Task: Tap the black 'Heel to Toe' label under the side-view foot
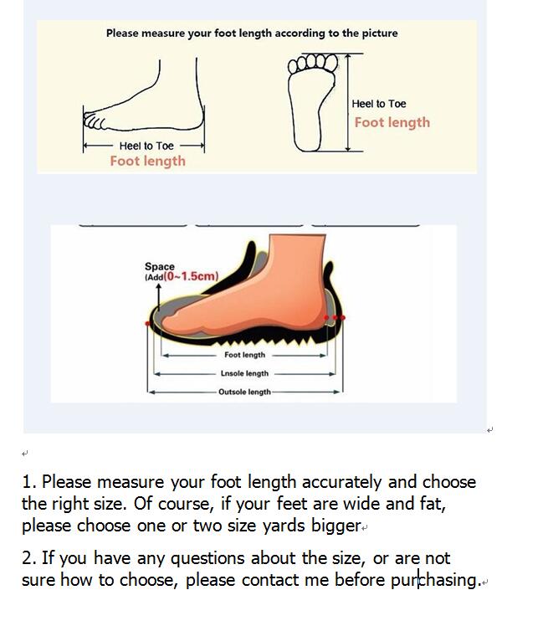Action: pos(146,146)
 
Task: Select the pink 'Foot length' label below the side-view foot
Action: pos(148,161)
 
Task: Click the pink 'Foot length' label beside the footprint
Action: pos(392,122)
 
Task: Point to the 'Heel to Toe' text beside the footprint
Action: pos(378,104)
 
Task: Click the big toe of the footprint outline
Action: pos(331,63)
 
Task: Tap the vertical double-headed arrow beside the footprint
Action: pos(348,103)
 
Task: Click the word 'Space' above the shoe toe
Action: pos(159,266)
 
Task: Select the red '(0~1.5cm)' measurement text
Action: pos(191,276)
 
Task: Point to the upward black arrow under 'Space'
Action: pos(158,297)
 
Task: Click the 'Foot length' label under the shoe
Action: pos(245,355)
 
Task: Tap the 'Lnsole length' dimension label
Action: pos(244,373)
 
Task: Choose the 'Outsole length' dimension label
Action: pos(244,392)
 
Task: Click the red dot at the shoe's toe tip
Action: pos(148,323)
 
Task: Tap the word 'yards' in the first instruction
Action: pos(284,526)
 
